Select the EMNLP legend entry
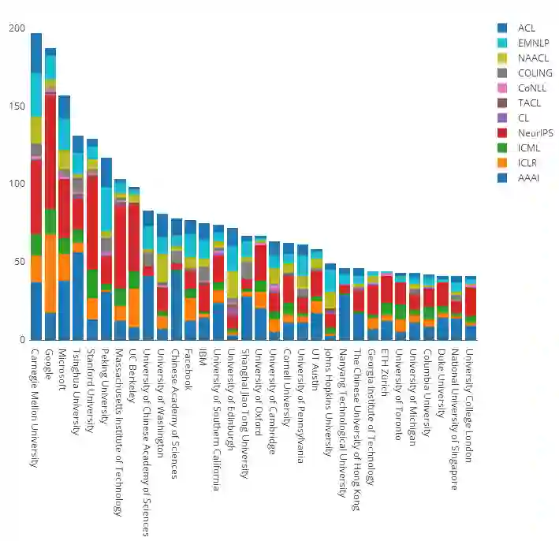533,43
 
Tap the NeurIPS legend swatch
502,132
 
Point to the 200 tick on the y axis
17,28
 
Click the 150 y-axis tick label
17,106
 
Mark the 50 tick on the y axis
19,262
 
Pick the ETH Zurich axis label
386,370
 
